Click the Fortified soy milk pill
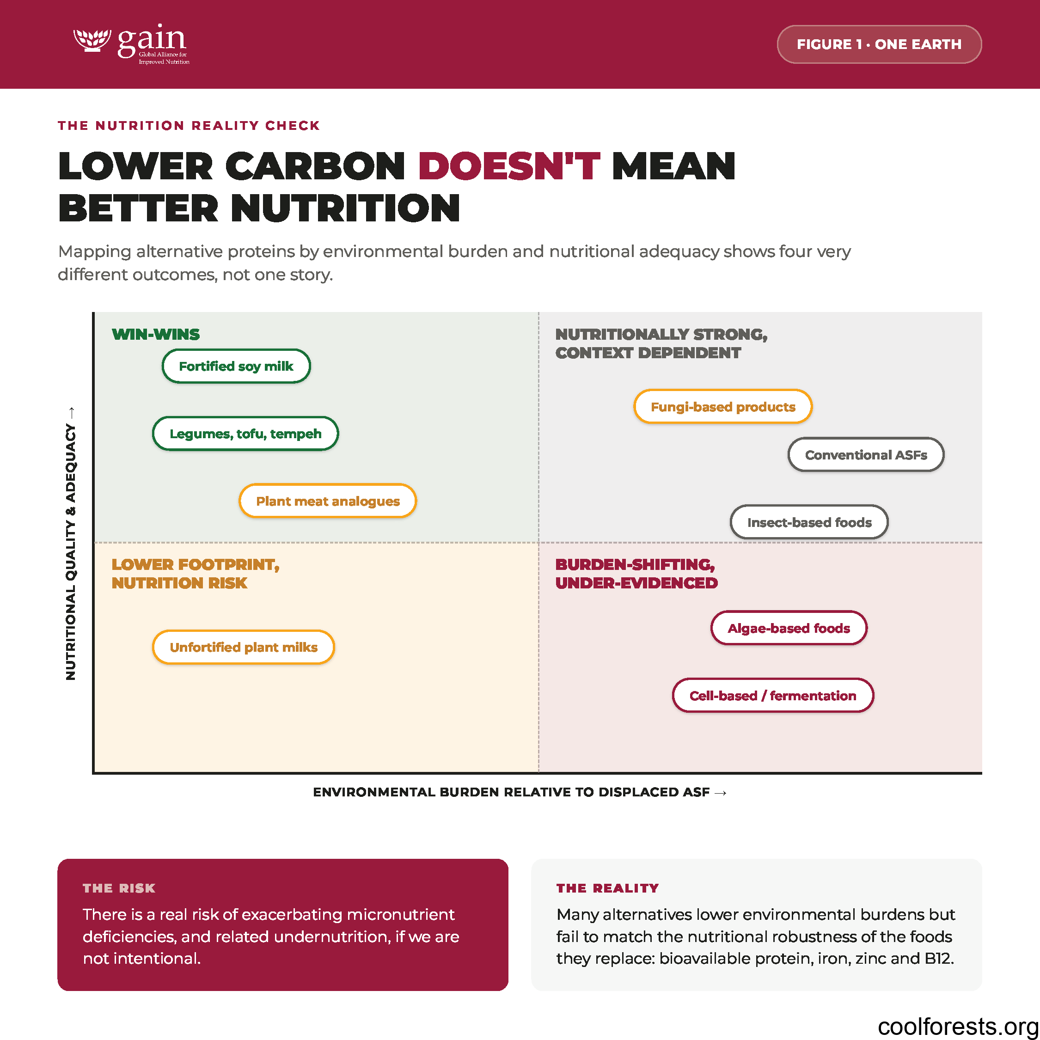(236, 366)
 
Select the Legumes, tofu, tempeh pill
(245, 434)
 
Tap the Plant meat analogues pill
(328, 501)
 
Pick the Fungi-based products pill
(722, 406)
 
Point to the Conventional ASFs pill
(866, 454)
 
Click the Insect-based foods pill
(809, 521)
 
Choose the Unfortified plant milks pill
(243, 647)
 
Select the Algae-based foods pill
(789, 628)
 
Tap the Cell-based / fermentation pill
(772, 695)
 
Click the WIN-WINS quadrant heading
(156, 334)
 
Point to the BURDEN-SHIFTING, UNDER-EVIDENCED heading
(636, 573)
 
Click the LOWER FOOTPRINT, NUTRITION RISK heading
(196, 573)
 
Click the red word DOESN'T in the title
(509, 166)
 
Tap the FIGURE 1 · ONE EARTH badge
(879, 44)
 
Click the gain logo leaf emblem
(92, 40)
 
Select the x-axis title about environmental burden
(520, 792)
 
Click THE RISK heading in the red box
(119, 888)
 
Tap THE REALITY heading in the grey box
(607, 888)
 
